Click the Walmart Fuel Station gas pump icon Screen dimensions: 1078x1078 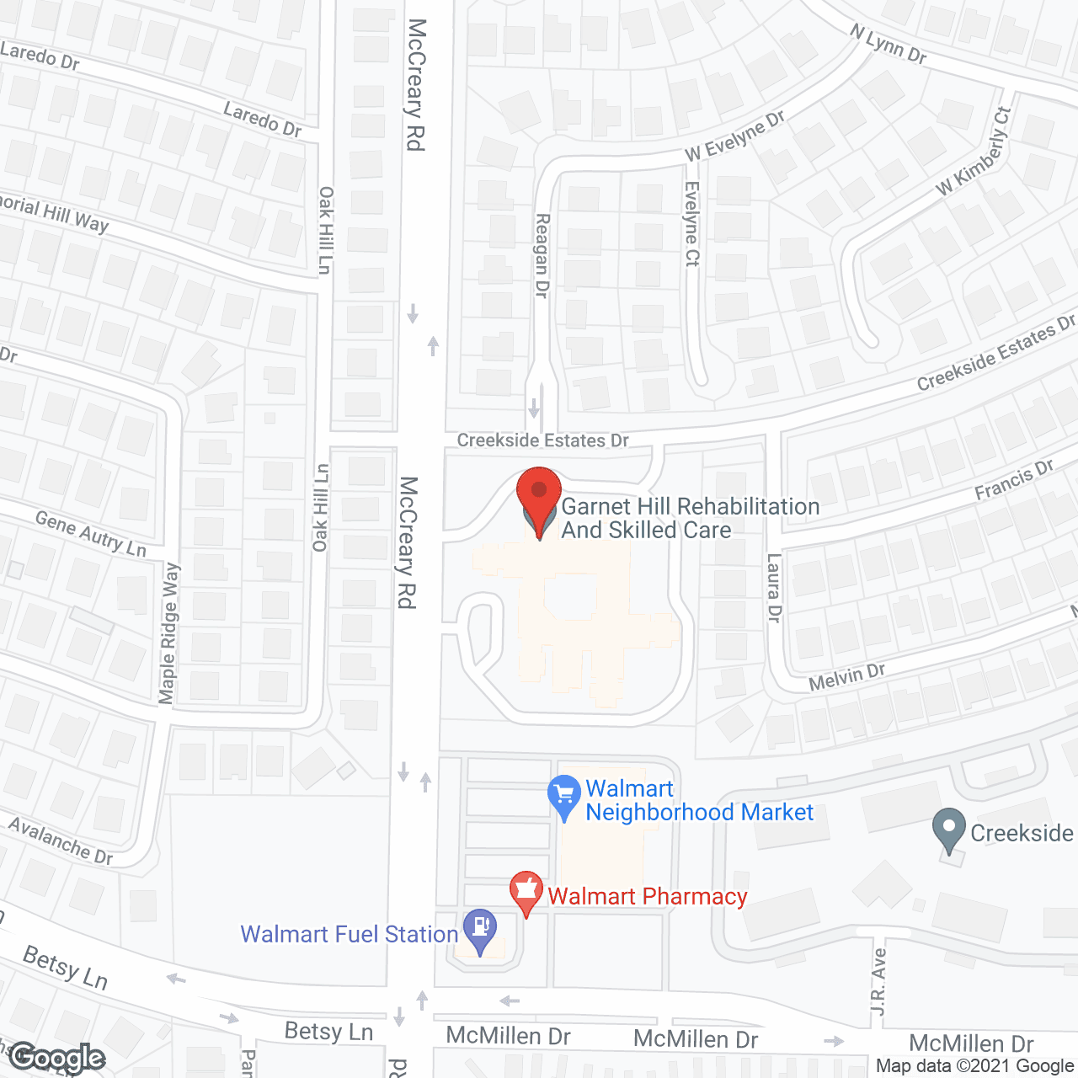[480, 928]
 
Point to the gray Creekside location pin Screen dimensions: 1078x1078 [949, 829]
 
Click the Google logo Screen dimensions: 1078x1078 [57, 1058]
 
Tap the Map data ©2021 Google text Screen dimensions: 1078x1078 [974, 1066]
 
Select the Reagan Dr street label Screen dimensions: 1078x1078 [542, 255]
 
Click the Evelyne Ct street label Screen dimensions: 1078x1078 [691, 224]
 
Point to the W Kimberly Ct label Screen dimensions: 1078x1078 [974, 152]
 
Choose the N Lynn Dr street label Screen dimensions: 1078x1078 [888, 44]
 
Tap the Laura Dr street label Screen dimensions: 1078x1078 [774, 587]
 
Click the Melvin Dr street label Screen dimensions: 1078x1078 [846, 676]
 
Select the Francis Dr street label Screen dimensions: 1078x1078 [1014, 480]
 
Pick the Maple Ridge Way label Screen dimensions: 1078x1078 [169, 632]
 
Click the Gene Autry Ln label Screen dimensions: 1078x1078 [91, 534]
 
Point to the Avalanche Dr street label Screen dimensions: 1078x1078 [61, 840]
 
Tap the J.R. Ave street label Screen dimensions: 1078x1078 [878, 981]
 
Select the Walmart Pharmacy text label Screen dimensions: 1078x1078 [647, 896]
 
